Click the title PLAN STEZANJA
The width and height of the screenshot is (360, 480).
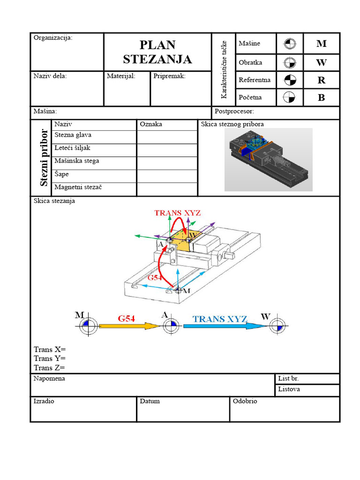[x=157, y=52]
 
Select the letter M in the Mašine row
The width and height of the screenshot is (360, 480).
[x=321, y=44]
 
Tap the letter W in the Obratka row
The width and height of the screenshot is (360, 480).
[x=321, y=62]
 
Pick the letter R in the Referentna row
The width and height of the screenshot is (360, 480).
[x=321, y=80]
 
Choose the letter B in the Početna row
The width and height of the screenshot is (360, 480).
[x=321, y=98]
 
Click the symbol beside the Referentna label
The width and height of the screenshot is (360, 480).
[x=290, y=80]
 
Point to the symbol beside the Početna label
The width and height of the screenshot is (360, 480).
[x=290, y=97]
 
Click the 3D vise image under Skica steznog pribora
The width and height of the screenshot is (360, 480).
[x=268, y=160]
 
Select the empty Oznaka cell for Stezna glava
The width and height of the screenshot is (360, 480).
[x=167, y=137]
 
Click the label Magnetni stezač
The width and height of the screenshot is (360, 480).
[x=78, y=187]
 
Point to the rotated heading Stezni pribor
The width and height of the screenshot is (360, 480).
[x=44, y=157]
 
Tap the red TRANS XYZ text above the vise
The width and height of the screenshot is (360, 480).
[x=178, y=213]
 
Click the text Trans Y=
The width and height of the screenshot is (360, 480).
[x=49, y=359]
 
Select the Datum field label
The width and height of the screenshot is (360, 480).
[x=150, y=401]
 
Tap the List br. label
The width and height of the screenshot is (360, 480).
[x=288, y=378]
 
